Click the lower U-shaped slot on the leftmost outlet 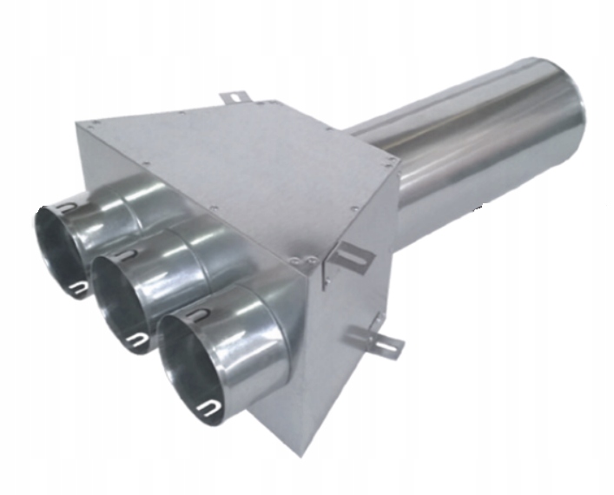click(79, 289)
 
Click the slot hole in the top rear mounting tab click(234, 96)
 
